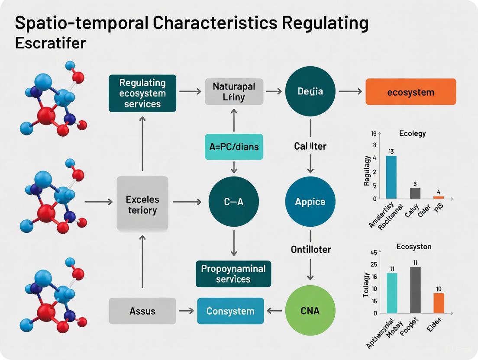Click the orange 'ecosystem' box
tap(410, 92)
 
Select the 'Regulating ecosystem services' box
tap(142, 93)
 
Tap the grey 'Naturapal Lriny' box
tap(234, 92)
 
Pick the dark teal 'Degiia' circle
tap(310, 91)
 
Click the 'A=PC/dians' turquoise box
tap(234, 147)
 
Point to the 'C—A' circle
tap(233, 202)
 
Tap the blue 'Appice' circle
tap(310, 202)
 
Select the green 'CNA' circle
tap(310, 310)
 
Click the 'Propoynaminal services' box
tap(233, 273)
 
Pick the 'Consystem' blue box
tap(230, 311)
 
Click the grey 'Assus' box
tap(142, 311)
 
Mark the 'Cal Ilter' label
tap(310, 146)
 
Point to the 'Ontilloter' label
tap(310, 249)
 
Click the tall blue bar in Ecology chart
tap(391, 177)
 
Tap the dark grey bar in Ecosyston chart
tap(415, 289)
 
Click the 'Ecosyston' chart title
tap(414, 247)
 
